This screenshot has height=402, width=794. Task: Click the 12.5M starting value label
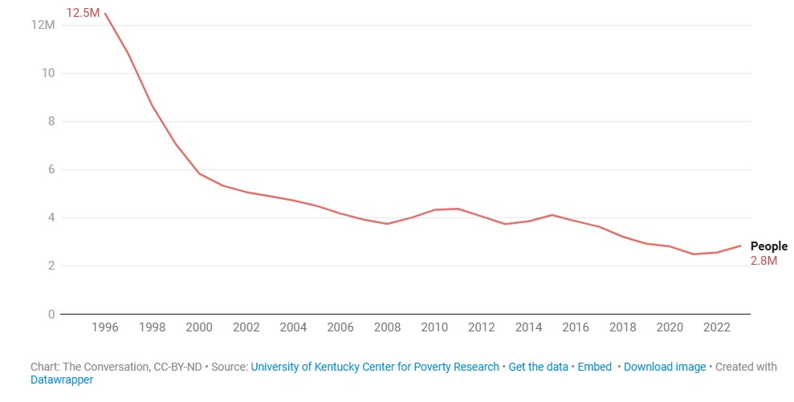tap(83, 13)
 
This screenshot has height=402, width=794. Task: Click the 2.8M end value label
tap(763, 261)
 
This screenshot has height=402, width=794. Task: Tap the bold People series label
tap(768, 246)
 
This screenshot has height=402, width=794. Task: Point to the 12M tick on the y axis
tap(43, 25)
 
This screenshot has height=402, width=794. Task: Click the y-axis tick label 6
tap(51, 169)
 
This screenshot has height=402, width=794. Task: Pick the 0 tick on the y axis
tap(51, 314)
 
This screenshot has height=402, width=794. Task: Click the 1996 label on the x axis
tap(105, 327)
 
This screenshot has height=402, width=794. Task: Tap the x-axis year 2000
tap(199, 327)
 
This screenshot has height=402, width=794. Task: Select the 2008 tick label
tap(387, 327)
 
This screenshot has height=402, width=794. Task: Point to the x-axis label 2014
tap(528, 327)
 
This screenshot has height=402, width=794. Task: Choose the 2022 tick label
tap(716, 327)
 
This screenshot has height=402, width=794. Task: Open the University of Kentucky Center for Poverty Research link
tap(375, 367)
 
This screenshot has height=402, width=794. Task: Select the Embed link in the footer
tap(595, 367)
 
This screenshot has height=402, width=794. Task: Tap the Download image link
tap(665, 367)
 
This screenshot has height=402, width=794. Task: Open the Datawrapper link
tap(62, 380)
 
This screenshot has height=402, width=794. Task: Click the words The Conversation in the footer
tap(104, 367)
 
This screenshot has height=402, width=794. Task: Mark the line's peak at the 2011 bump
tap(458, 209)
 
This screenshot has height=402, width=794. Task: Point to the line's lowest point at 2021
tap(693, 254)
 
